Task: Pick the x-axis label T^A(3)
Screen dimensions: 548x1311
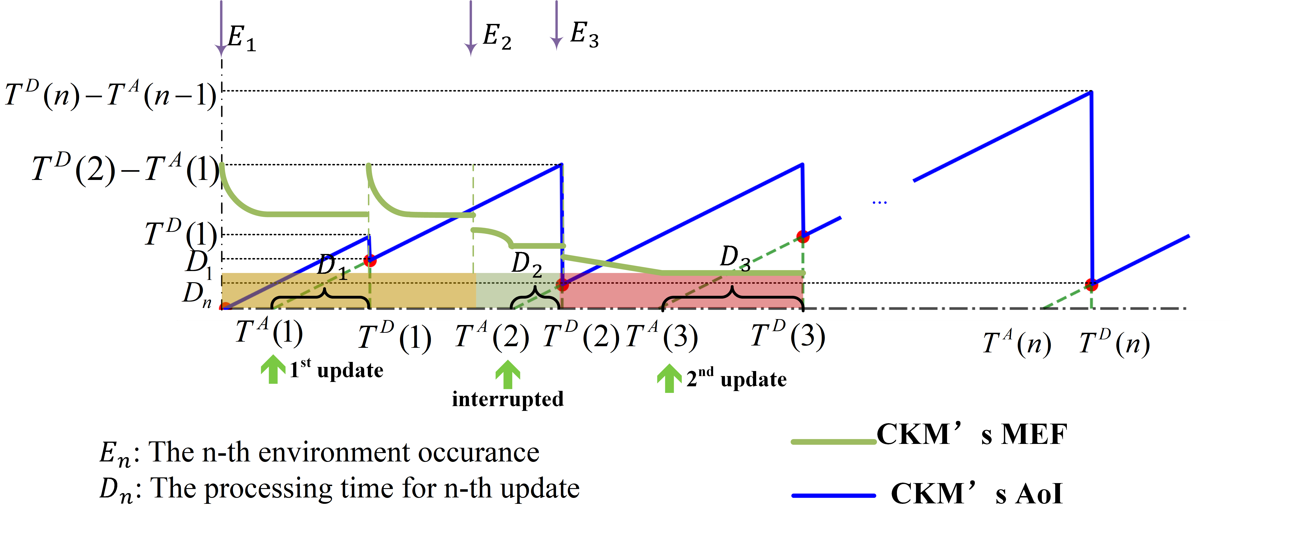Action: tap(662, 337)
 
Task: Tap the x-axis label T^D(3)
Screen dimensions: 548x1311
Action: tap(788, 336)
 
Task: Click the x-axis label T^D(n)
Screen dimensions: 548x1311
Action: tap(1114, 343)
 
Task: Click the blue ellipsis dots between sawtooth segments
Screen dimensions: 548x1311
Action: tap(879, 202)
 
